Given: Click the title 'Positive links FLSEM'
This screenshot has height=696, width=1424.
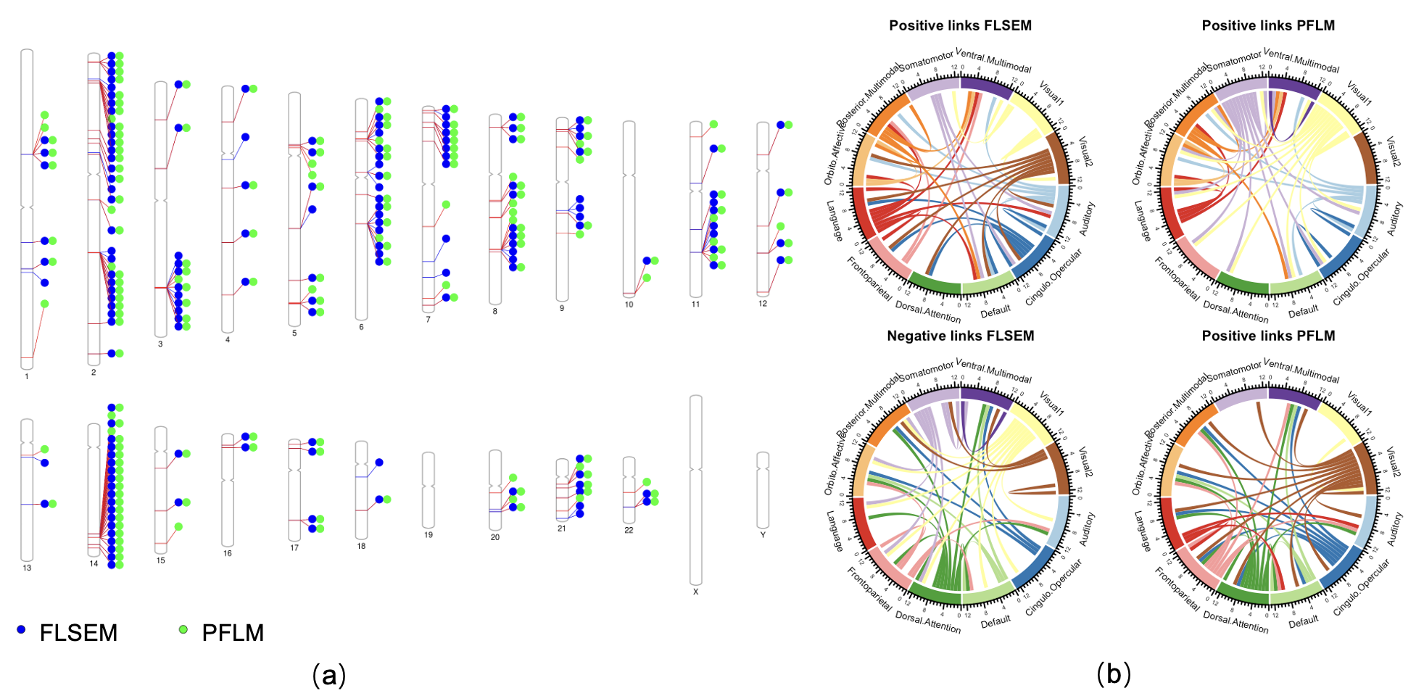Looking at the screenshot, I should pyautogui.click(x=960, y=26).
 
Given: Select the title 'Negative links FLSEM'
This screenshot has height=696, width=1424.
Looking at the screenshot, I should pyautogui.click(x=960, y=336).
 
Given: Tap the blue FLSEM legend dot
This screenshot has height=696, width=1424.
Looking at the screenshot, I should pyautogui.click(x=21, y=630).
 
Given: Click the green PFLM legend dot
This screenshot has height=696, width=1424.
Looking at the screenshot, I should pyautogui.click(x=183, y=630).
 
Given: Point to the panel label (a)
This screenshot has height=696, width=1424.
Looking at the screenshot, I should pyautogui.click(x=328, y=675).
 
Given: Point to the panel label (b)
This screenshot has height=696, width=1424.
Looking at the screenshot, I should pyautogui.click(x=1113, y=674).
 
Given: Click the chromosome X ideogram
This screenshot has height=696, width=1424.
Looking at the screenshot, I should pyautogui.click(x=695, y=489).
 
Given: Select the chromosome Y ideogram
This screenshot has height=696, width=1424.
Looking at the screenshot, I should pyautogui.click(x=763, y=490).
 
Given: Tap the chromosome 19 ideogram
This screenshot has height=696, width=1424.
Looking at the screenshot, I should pyautogui.click(x=429, y=490).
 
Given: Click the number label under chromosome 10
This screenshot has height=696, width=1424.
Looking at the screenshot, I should pyautogui.click(x=629, y=304).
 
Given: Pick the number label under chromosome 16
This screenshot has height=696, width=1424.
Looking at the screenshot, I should pyautogui.click(x=228, y=553).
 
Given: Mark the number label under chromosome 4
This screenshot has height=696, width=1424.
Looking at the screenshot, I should pyautogui.click(x=228, y=339).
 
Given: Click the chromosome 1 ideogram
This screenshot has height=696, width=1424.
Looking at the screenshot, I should pyautogui.click(x=27, y=210).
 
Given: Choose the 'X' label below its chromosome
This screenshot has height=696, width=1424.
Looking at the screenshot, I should pyautogui.click(x=695, y=592).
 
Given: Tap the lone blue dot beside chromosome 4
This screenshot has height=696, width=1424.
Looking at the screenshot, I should pyautogui.click(x=246, y=137).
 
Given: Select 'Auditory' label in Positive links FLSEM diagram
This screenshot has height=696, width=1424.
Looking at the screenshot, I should pyautogui.click(x=1087, y=218).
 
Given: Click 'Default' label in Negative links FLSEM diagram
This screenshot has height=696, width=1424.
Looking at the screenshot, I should pyautogui.click(x=995, y=621).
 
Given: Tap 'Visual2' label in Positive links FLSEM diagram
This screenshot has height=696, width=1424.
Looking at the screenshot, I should pyautogui.click(x=1085, y=152).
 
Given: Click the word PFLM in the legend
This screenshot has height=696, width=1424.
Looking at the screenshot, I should pyautogui.click(x=233, y=633).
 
